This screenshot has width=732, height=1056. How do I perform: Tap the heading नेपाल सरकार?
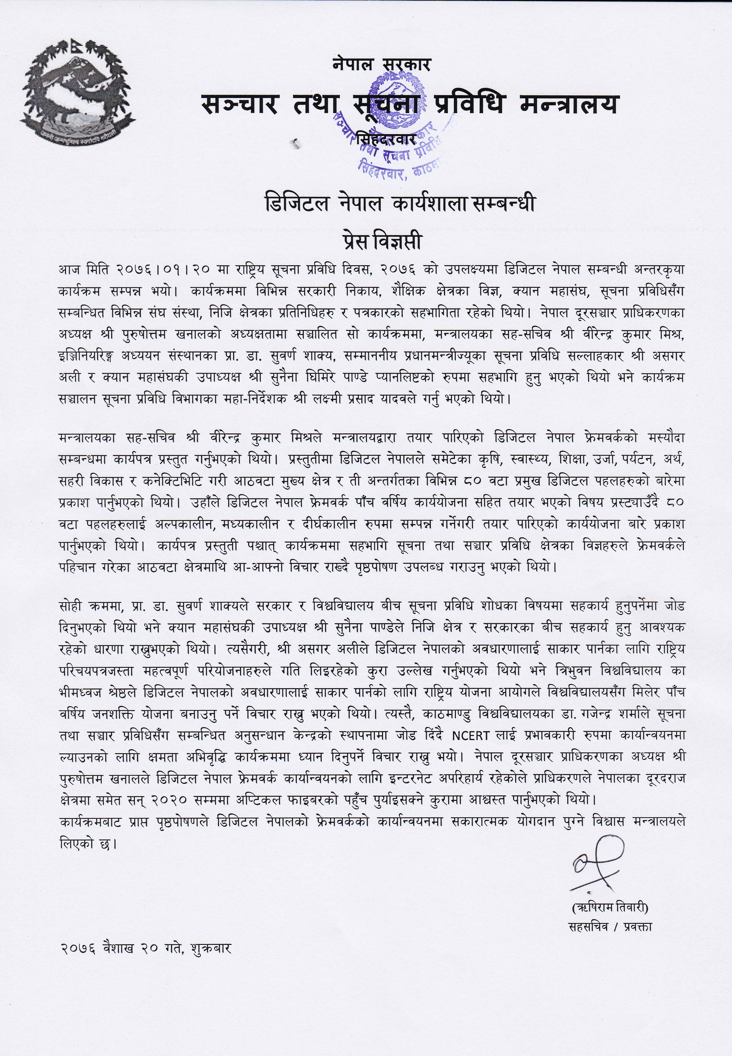[382, 65]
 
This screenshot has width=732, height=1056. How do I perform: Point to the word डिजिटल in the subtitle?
[297, 204]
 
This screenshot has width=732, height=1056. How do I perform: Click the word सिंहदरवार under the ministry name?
[386, 139]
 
